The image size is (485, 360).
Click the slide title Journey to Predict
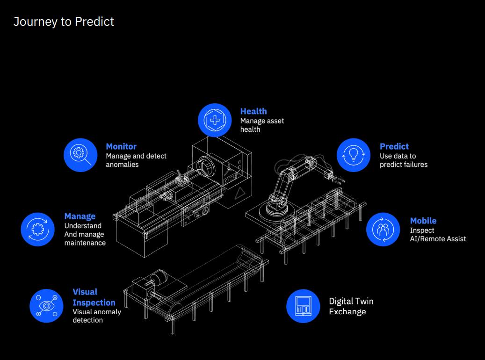pyautogui.click(x=64, y=22)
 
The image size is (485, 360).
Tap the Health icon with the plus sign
pyautogui.click(x=215, y=120)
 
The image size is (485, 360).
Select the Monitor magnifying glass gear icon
pyautogui.click(x=80, y=155)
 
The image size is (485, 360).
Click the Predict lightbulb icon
pyautogui.click(x=353, y=155)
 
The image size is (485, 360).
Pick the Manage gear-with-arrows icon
pyautogui.click(x=38, y=229)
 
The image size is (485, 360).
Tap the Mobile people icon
pyautogui.click(x=383, y=229)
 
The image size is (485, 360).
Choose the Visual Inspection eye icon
pyautogui.click(x=46, y=306)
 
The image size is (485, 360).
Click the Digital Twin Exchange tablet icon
pyautogui.click(x=303, y=306)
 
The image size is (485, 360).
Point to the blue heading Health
pyautogui.click(x=253, y=111)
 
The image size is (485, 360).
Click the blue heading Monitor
pyautogui.click(x=121, y=146)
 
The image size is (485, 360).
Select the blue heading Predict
pyautogui.click(x=394, y=146)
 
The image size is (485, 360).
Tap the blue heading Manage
pyautogui.click(x=80, y=216)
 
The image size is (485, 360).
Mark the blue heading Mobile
pyautogui.click(x=423, y=221)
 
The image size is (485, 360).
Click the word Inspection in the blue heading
pyautogui.click(x=94, y=302)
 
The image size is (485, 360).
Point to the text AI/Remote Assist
pyautogui.click(x=438, y=239)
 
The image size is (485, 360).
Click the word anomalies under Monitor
pyautogui.click(x=122, y=165)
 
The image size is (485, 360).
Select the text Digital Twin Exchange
pyautogui.click(x=351, y=306)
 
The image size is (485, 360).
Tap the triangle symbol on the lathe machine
pyautogui.click(x=240, y=193)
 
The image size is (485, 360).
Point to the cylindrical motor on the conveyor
pyautogui.click(x=159, y=278)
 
